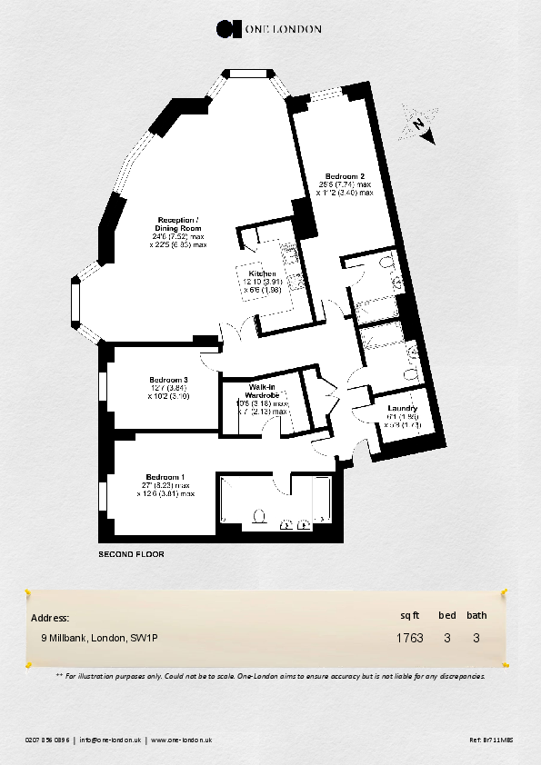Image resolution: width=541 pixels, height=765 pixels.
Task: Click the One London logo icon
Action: [x=227, y=28]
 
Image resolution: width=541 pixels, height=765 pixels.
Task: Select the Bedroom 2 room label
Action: [x=346, y=176]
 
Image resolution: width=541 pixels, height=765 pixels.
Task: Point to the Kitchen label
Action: [x=262, y=273]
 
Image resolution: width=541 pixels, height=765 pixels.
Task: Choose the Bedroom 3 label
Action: [x=167, y=380]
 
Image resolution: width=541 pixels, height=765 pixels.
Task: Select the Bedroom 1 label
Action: [x=165, y=478]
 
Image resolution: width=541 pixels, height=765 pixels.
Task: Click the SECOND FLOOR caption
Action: [x=131, y=553]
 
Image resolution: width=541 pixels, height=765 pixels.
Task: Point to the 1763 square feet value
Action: [x=409, y=638]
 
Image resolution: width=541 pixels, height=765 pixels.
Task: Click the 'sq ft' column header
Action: [x=409, y=615]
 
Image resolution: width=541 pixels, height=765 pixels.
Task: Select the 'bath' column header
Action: [x=477, y=615]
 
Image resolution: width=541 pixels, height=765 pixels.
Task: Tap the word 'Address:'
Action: [x=50, y=618]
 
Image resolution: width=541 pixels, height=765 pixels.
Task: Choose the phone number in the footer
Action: [x=47, y=740]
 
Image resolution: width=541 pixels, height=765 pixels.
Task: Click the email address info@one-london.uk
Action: [x=109, y=740]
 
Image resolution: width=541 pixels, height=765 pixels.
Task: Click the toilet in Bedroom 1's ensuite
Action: [x=260, y=516]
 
